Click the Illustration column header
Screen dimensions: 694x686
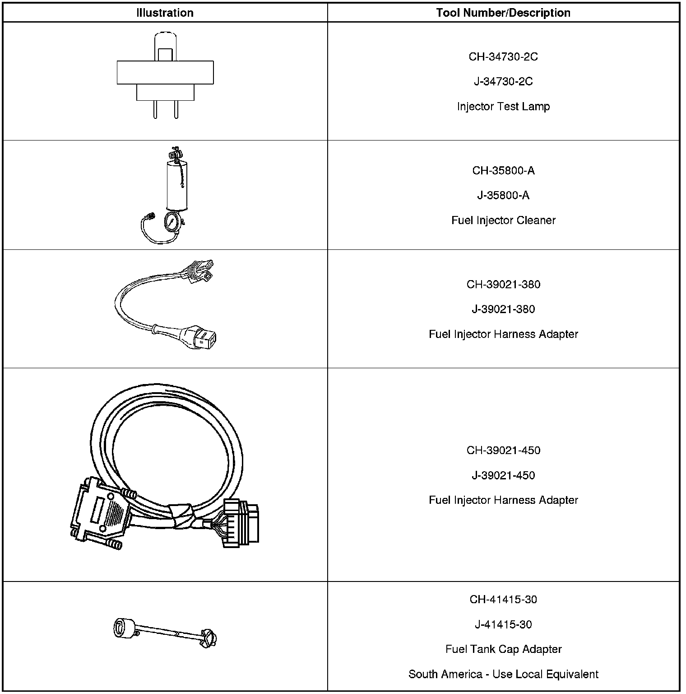[x=165, y=13]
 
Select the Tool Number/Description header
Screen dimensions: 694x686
[x=503, y=13]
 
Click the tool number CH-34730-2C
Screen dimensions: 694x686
[x=503, y=56]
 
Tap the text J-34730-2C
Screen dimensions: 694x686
[x=503, y=81]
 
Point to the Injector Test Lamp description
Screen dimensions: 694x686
[x=503, y=107]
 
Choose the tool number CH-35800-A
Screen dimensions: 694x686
[x=503, y=170]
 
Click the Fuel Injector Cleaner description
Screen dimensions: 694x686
[x=503, y=220]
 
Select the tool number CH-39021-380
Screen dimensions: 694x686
[x=503, y=284]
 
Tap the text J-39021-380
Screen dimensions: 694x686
[x=503, y=309]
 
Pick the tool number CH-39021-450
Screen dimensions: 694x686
[x=503, y=450]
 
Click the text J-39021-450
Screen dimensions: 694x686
[x=503, y=475]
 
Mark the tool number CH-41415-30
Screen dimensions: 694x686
[x=503, y=600]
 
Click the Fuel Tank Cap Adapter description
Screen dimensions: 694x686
[x=503, y=649]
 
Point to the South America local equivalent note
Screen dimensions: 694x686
[x=503, y=674]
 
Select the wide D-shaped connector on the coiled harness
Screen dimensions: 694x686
[x=100, y=513]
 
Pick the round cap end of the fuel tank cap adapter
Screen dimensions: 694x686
[x=123, y=628]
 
